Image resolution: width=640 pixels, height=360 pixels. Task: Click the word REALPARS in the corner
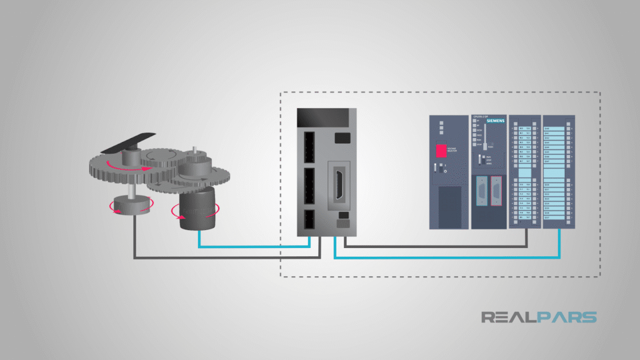[x=539, y=317]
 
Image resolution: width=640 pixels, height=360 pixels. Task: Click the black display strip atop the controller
[x=326, y=118]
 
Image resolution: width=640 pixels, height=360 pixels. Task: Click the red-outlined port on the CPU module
[x=496, y=191]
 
